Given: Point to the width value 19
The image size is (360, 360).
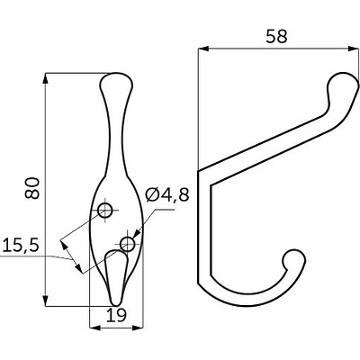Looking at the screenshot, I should (115, 316).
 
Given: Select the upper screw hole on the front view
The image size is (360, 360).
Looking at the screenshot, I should (105, 211).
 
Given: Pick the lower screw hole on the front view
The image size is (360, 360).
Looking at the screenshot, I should (128, 244).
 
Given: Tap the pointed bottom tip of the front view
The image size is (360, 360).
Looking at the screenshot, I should (114, 302).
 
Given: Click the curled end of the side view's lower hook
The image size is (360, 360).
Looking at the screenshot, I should (292, 262).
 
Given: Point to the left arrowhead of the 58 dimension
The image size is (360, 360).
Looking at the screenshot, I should (201, 50).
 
